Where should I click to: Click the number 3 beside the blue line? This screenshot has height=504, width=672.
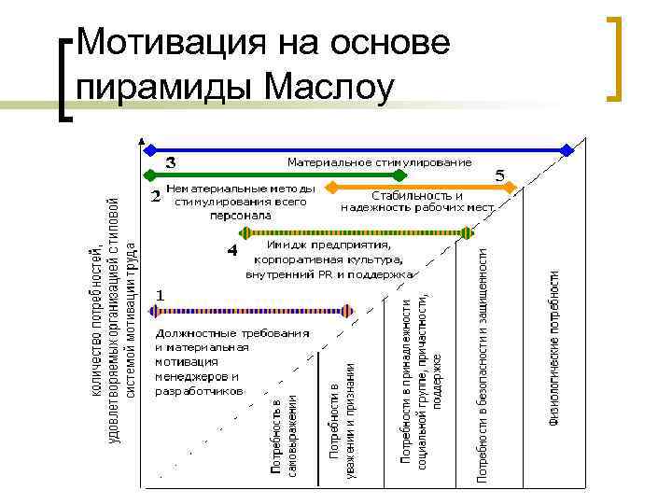171,162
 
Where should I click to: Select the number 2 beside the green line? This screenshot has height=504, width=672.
155,197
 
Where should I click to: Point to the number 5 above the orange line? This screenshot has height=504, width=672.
500,175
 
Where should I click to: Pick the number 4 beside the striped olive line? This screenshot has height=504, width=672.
232,251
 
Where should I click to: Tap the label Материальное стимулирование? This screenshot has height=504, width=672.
379,162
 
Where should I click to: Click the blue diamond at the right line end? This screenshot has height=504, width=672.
567,149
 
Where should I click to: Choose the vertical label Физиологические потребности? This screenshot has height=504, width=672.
554,347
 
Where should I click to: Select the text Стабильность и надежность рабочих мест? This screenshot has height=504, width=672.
417,202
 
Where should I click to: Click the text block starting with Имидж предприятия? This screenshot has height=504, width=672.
329,260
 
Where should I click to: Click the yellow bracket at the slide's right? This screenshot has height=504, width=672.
616,58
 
